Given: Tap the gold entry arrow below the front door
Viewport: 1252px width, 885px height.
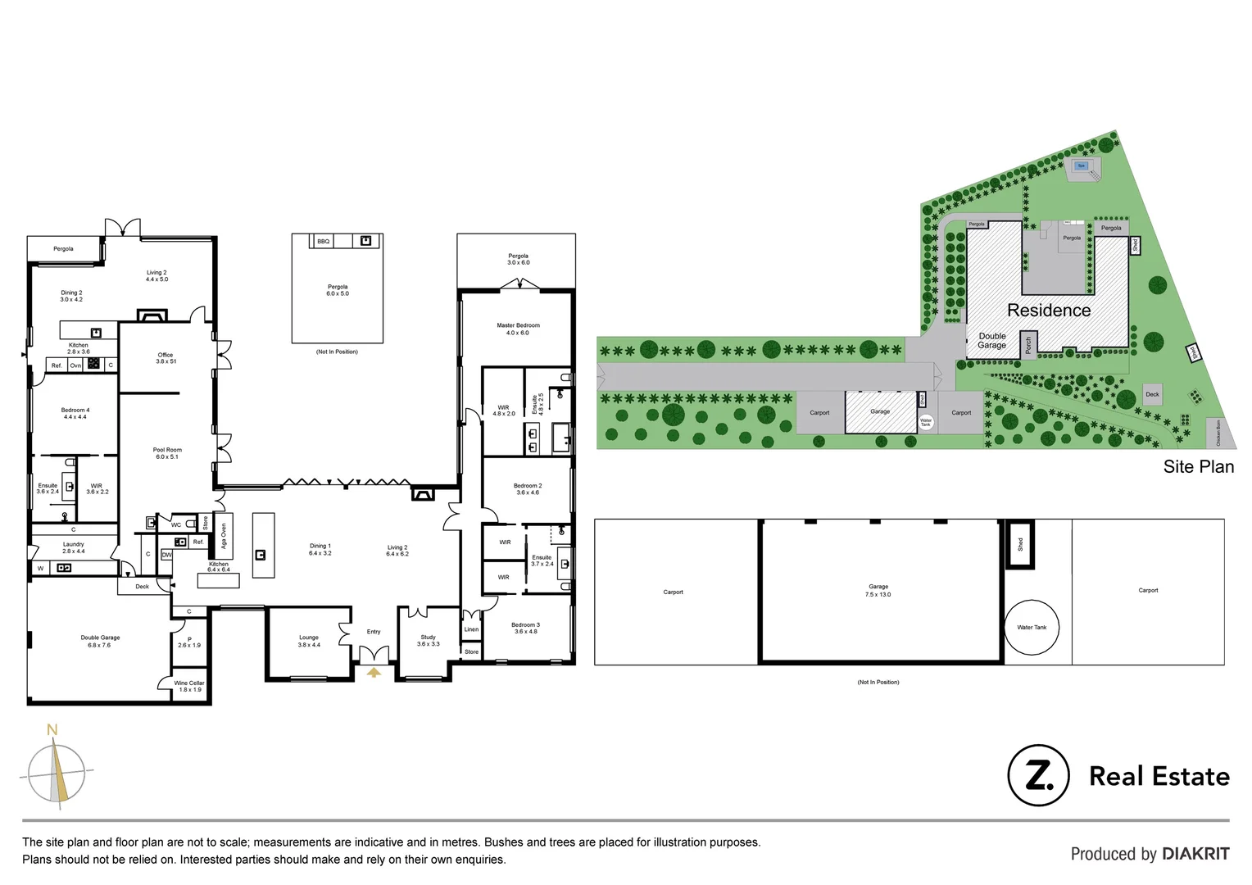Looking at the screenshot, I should tap(374, 672).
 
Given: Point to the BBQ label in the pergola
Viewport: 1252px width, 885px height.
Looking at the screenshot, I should tap(324, 241).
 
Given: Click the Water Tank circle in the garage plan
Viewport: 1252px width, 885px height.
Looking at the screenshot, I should tap(1032, 628).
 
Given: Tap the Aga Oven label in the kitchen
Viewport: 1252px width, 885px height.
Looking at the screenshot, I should tap(224, 536).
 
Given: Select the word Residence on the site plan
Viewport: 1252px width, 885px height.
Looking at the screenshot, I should tap(1049, 311).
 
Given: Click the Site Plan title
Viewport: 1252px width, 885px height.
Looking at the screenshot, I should tap(1198, 467).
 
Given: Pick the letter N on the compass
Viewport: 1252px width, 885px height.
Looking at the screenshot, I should tap(52, 730).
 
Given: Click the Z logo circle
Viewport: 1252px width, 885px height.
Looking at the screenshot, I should tap(1038, 775).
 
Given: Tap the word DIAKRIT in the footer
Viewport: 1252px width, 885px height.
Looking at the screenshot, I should tap(1195, 854).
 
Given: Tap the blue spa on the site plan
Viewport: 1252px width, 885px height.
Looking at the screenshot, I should tap(1081, 166).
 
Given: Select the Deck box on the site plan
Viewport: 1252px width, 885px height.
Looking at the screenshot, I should tap(1152, 394).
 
